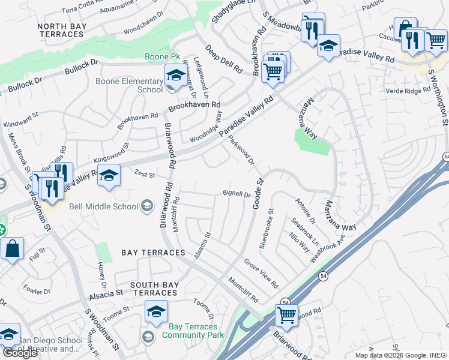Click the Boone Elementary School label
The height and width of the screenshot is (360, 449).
coord(129,85)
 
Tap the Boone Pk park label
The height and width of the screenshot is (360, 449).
coord(158,58)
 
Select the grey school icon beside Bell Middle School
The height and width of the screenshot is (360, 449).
coord(147,206)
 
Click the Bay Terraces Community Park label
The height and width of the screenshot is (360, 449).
coord(189,331)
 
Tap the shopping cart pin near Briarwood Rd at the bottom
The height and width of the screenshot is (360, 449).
coord(287,314)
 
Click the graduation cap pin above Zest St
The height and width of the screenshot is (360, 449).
coord(109,175)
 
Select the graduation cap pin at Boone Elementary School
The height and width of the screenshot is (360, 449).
coord(175,75)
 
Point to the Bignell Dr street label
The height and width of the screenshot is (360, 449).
coord(236,194)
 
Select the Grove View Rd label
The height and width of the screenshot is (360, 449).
coord(261,272)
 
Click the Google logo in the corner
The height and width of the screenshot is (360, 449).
coord(20,352)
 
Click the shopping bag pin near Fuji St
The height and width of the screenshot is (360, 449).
coord(12,248)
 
